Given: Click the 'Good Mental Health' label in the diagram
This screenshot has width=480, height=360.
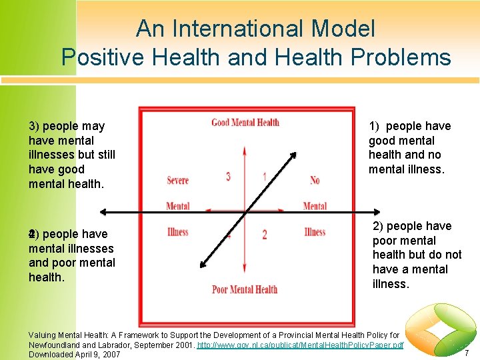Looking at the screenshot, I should point(245,123).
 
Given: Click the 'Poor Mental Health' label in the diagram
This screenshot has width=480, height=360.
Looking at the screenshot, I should point(245,289).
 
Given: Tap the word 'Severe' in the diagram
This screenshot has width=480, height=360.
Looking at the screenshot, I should point(177,181).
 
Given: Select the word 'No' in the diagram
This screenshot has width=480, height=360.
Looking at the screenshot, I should point(315,181).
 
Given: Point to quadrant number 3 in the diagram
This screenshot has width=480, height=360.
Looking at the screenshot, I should point(228,177).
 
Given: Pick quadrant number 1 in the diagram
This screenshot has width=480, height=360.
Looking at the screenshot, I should point(265,177).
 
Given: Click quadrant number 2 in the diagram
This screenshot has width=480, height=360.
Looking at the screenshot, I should point(265,235).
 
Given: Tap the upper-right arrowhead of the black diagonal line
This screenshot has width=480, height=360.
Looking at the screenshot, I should point(293,156).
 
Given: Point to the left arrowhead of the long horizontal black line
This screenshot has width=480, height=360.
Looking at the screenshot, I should point(103,213).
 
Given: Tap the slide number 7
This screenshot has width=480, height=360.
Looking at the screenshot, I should point(467,352).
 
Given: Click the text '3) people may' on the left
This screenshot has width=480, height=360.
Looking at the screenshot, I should point(67,126).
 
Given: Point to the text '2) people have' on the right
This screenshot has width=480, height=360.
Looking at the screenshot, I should point(412,226).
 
